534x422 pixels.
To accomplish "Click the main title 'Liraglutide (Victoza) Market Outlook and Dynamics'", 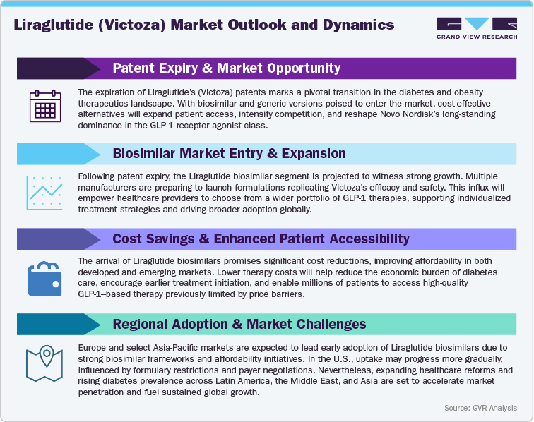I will [204, 25].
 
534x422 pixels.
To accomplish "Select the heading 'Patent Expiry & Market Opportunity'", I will [226, 68].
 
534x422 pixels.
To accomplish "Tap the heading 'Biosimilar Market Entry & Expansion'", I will [229, 153].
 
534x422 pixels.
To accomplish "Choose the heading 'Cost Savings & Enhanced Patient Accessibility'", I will [261, 239].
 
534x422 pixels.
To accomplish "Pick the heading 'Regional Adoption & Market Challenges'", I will [239, 324].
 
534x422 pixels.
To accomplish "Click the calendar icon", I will [45, 107].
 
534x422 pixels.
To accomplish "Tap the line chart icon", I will [45, 193].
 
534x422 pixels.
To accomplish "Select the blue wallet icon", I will [45, 278].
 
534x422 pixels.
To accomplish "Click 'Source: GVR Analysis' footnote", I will [480, 408].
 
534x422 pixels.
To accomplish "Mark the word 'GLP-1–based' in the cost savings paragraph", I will [107, 294].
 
